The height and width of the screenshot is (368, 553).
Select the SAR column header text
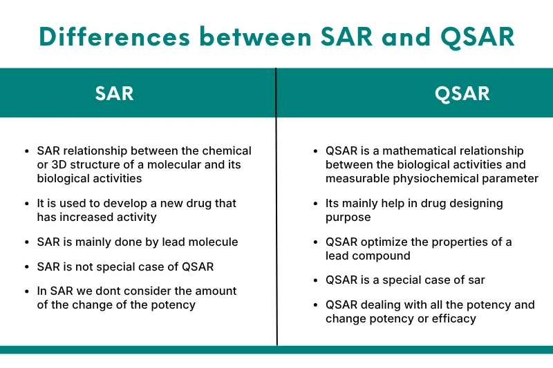(x=115, y=93)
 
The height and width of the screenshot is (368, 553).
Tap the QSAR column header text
(x=462, y=93)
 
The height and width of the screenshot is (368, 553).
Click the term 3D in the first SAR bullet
(x=59, y=164)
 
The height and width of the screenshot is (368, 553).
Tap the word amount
(x=214, y=291)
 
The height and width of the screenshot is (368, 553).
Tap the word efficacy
(x=453, y=318)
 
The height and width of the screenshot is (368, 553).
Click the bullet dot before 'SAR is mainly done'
(x=26, y=242)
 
